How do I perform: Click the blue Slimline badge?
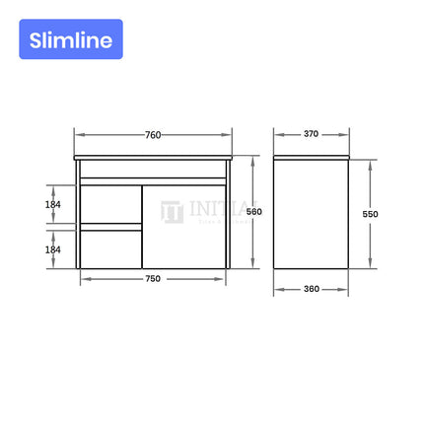pos(70,39)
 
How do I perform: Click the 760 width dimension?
pos(153,134)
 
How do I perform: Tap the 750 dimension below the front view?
pos(153,278)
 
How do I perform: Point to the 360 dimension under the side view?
pos(312,289)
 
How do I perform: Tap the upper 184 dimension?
pos(53,204)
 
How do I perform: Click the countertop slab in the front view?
pos(152,158)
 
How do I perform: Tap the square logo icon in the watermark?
pos(172,212)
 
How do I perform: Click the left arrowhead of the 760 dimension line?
pos(77,134)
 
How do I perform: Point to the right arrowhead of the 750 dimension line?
pos(226,278)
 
